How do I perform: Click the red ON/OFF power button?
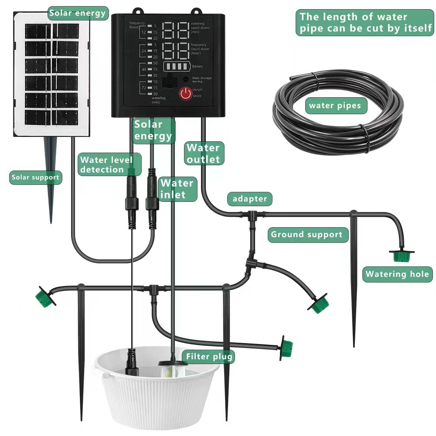(186, 93)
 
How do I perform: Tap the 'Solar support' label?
(35, 177)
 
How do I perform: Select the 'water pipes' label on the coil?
(335, 106)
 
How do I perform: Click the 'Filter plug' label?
(209, 357)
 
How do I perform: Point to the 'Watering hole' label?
(397, 274)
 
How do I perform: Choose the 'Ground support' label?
(307, 235)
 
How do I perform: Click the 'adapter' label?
(249, 199)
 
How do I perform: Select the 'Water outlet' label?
(204, 153)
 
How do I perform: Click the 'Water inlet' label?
(177, 189)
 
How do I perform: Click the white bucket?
(157, 392)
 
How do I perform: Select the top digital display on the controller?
(176, 30)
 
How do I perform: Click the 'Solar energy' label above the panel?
(78, 13)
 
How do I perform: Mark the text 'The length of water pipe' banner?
(365, 23)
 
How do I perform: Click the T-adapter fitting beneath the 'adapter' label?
(252, 215)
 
